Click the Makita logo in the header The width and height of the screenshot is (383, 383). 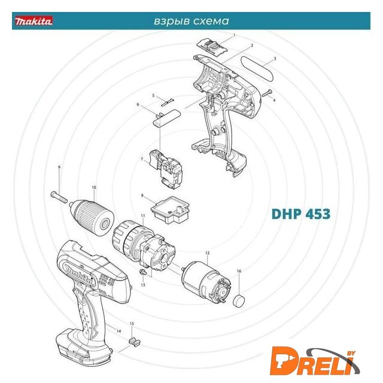[34, 21]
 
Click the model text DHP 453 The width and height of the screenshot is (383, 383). [301, 214]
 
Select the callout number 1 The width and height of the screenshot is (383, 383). [235, 35]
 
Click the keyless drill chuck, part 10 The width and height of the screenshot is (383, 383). [92, 217]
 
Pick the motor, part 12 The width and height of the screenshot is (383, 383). [207, 282]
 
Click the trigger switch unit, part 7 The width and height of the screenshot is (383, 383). [166, 169]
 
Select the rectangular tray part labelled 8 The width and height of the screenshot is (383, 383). [170, 210]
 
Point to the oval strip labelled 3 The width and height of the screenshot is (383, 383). [257, 69]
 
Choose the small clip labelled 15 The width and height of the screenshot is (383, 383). [134, 342]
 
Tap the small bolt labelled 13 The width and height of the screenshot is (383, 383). [142, 272]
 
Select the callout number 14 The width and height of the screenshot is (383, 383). [118, 331]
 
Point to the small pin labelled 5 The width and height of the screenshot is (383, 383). [168, 102]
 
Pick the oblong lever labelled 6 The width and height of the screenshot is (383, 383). [167, 118]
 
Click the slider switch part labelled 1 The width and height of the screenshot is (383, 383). [212, 47]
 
